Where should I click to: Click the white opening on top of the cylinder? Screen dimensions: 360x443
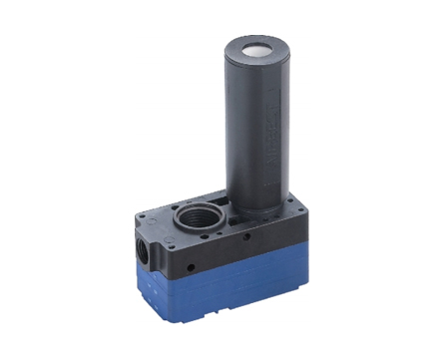pyautogui.click(x=253, y=47)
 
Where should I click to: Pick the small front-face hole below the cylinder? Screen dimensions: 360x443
pyautogui.click(x=246, y=240)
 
